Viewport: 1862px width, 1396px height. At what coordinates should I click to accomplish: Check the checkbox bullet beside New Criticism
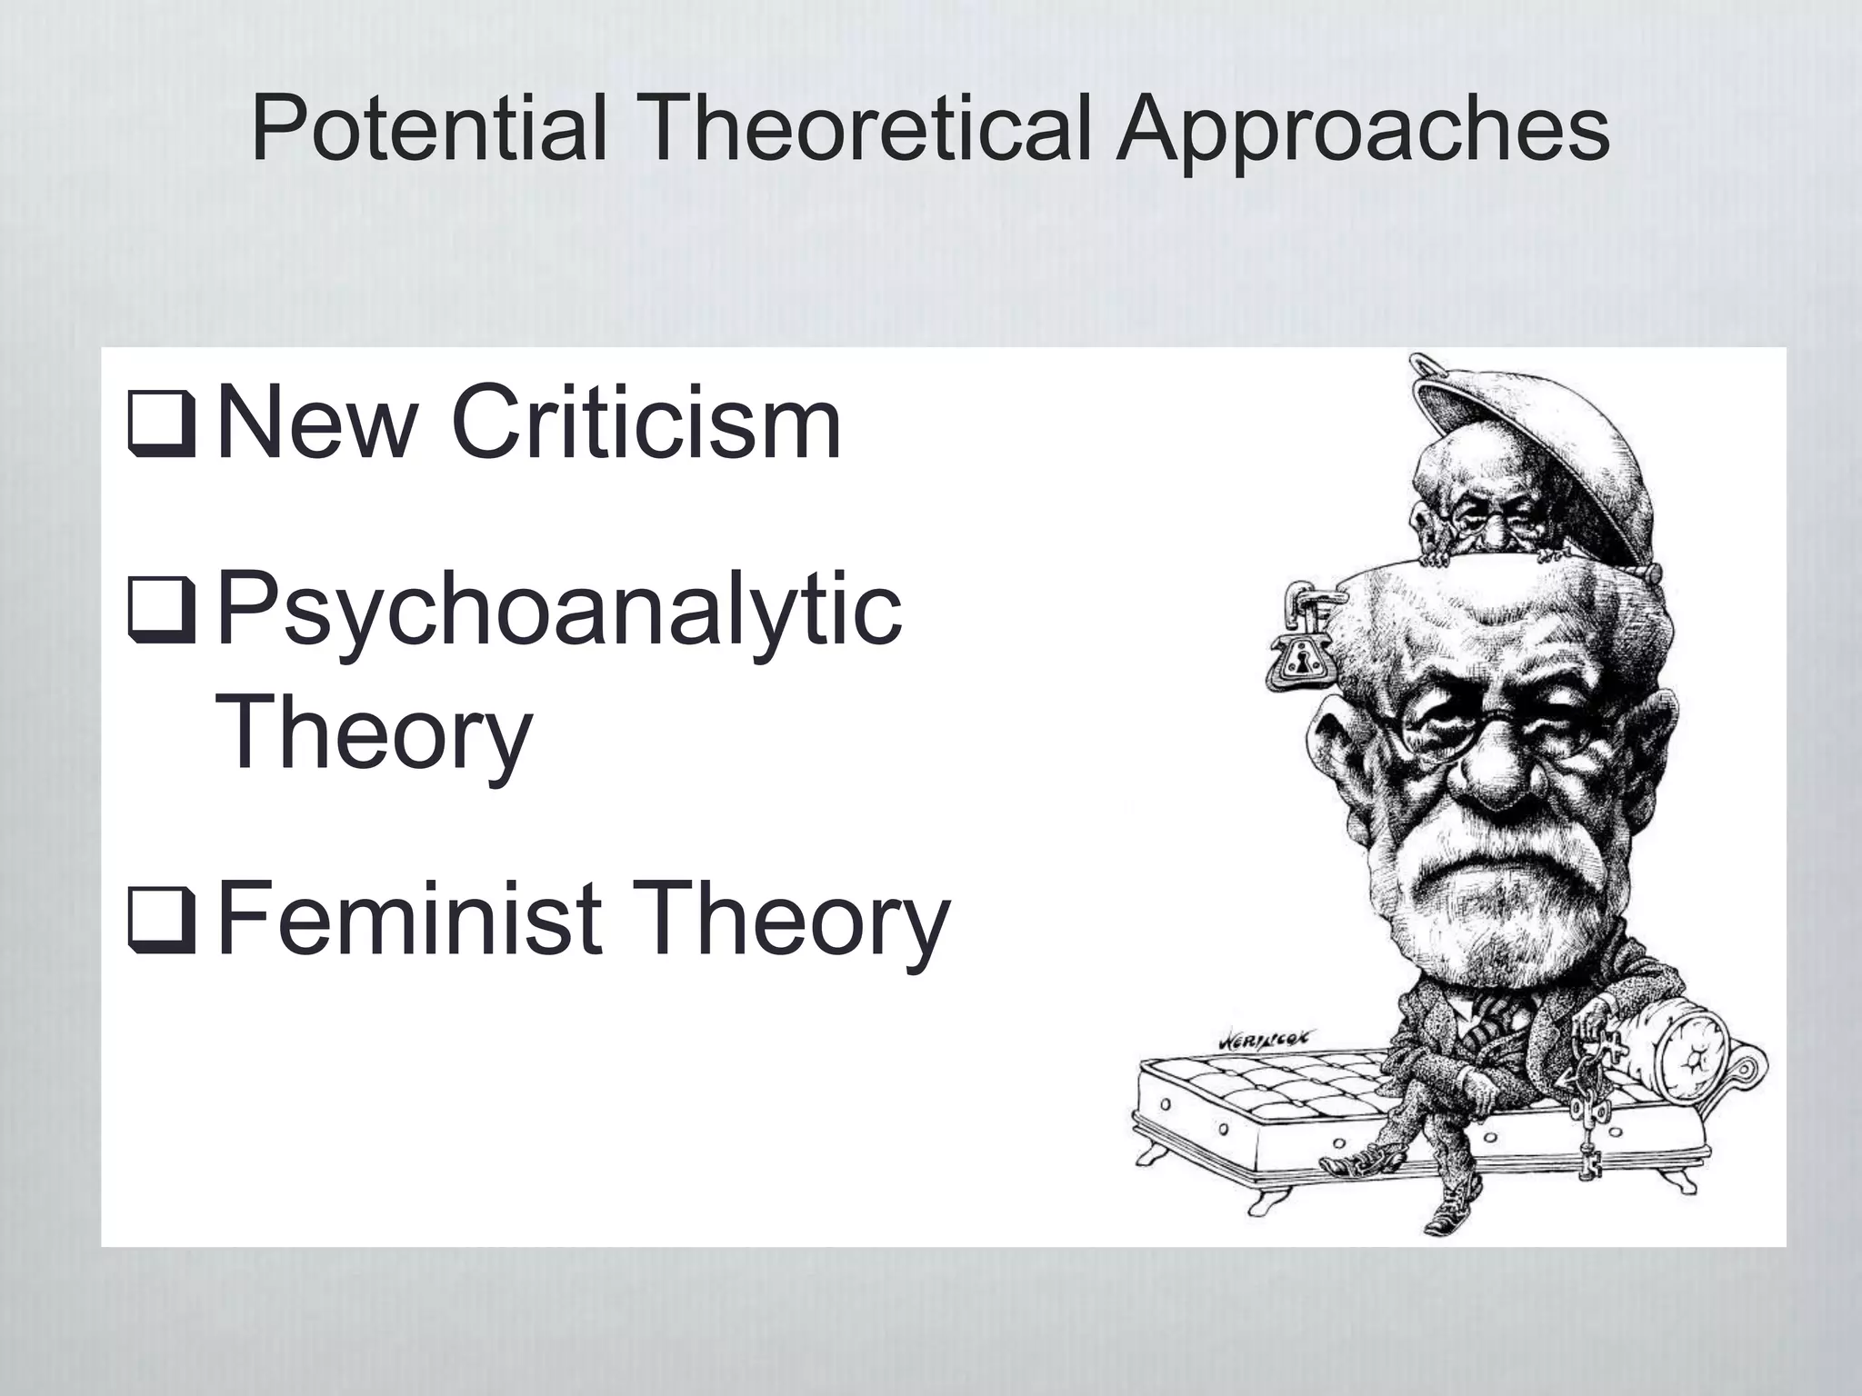pos(161,425)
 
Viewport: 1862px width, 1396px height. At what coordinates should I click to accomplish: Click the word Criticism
pos(646,424)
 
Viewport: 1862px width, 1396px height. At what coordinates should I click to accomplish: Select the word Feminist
pos(409,920)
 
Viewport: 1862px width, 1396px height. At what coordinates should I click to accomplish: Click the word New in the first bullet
pos(314,424)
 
